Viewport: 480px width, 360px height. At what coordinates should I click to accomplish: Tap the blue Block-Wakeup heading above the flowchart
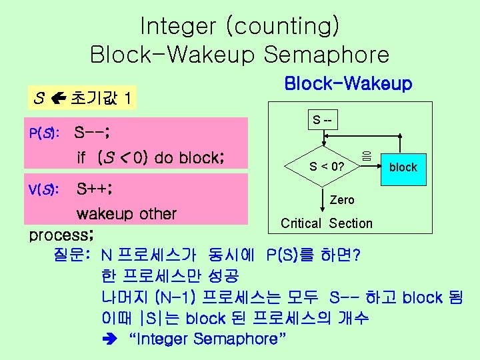tap(348, 84)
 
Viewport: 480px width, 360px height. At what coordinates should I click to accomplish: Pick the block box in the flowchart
tap(403, 167)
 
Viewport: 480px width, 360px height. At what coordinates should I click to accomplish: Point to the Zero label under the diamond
tap(342, 199)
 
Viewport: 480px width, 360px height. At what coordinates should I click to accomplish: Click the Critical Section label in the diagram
tap(327, 223)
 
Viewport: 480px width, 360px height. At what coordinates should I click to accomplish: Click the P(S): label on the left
tap(43, 133)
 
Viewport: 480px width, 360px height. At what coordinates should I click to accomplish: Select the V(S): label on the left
tap(44, 189)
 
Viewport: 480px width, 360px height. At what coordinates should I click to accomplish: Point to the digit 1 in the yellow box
tap(127, 100)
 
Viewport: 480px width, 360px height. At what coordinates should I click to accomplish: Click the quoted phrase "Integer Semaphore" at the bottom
tap(209, 339)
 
